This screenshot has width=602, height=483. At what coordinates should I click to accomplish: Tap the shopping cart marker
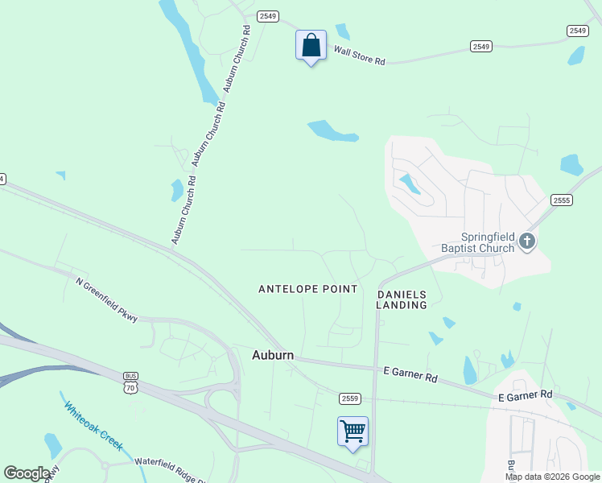coord(353,431)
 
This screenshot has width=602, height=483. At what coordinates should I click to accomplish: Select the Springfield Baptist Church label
coord(476,242)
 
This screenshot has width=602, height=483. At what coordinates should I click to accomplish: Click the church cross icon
coord(527,241)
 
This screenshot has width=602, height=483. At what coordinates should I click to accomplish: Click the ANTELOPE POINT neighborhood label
coord(307,288)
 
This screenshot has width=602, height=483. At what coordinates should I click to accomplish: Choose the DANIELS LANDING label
coord(402,300)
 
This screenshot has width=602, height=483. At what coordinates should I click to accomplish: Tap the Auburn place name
coord(272,355)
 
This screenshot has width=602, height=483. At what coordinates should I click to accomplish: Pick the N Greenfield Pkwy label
coord(107,300)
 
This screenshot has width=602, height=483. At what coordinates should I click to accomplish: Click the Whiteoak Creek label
coord(94,426)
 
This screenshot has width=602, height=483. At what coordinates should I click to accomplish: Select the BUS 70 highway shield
coord(131,382)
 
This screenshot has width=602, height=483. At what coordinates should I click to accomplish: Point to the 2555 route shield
coord(562,200)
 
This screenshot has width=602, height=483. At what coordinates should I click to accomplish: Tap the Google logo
coord(27,473)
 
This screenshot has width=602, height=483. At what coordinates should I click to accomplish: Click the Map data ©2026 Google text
coord(552,477)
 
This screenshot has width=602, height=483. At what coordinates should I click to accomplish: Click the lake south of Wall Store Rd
coord(331,130)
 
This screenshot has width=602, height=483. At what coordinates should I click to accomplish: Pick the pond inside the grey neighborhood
coord(409,184)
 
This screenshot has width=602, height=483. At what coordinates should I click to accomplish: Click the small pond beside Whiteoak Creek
coord(53,444)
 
